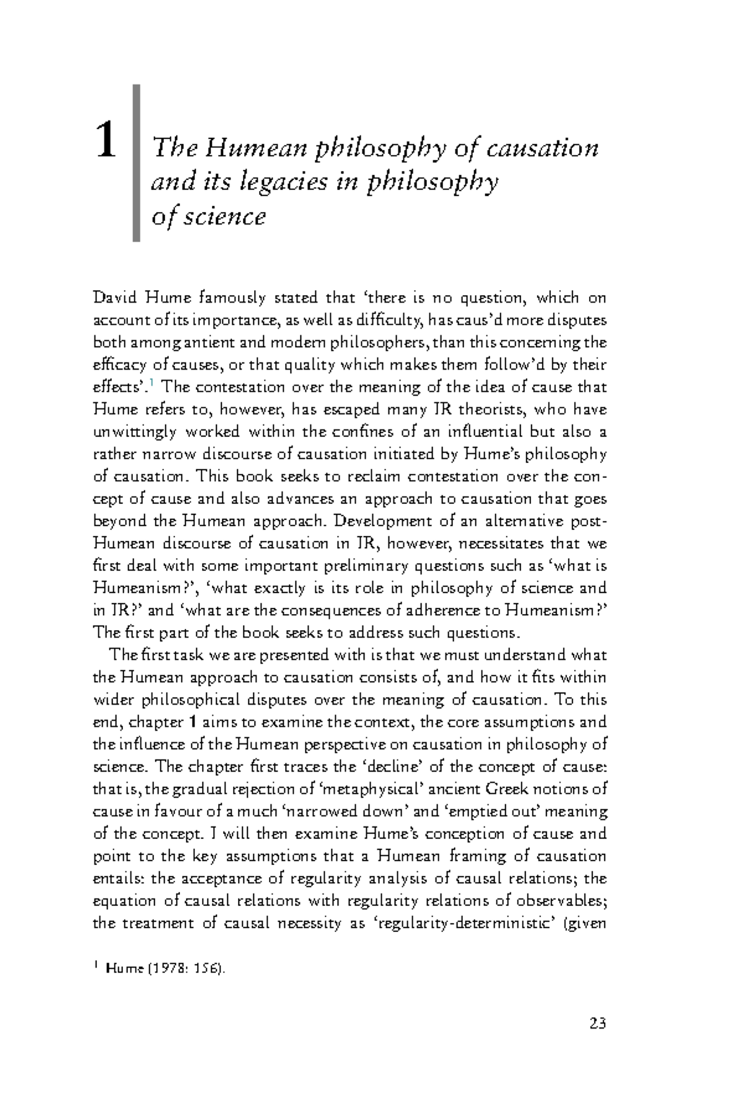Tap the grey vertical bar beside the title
click(x=136, y=162)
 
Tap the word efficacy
click(x=118, y=365)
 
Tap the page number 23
click(x=597, y=1041)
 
